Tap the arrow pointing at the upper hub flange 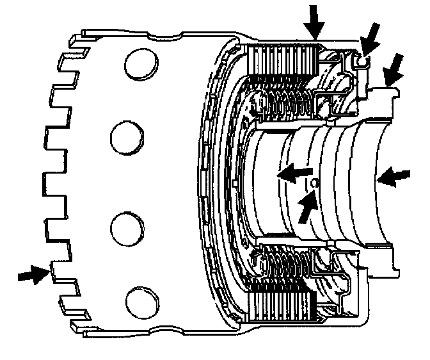point(394,69)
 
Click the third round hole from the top point(126,227)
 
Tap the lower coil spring point(282,263)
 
